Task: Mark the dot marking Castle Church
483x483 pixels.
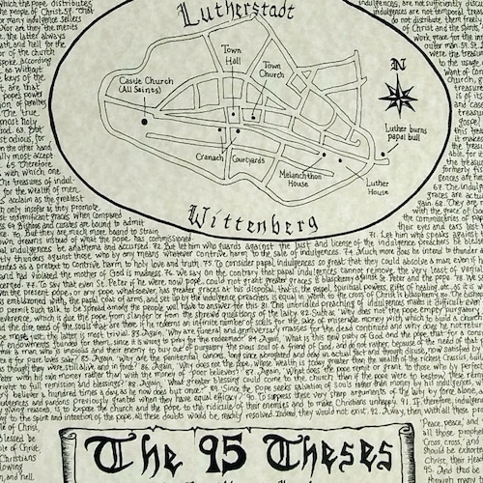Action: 145,122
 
